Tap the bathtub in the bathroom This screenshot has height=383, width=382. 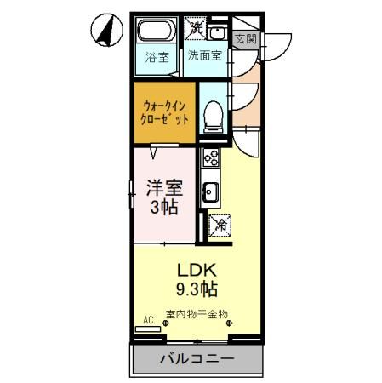(x=157, y=34)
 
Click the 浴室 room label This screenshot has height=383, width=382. (x=156, y=58)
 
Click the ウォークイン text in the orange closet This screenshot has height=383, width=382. (x=165, y=105)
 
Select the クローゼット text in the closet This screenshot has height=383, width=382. (x=165, y=120)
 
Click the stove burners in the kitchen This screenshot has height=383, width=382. (x=210, y=159)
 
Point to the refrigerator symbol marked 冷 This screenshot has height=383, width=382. (x=219, y=225)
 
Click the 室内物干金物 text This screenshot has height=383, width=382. (x=197, y=314)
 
